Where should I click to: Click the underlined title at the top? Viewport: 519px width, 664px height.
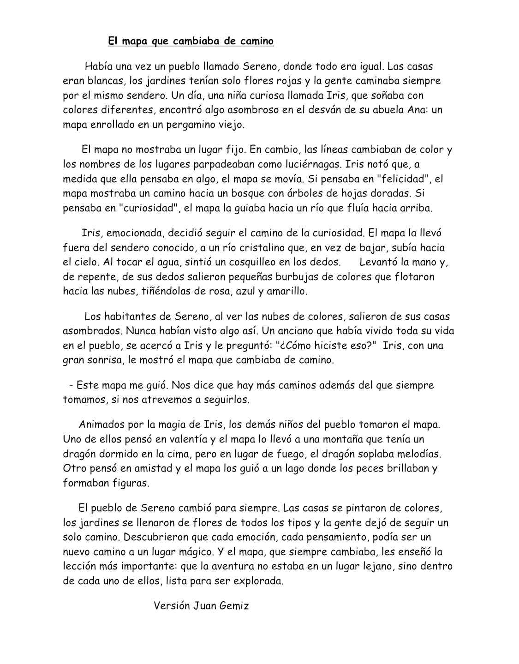(191, 41)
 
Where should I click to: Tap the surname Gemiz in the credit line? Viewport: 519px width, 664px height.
(233, 605)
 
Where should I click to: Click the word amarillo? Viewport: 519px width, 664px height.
(286, 291)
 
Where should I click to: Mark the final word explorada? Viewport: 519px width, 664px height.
(258, 581)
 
